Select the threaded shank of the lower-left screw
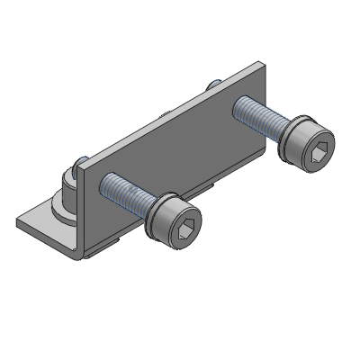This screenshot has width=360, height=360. pyautogui.click(x=123, y=193)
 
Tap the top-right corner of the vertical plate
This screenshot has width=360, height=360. pyautogui.click(x=263, y=62)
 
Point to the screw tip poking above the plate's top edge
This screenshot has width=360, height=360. pyautogui.click(x=214, y=84)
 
